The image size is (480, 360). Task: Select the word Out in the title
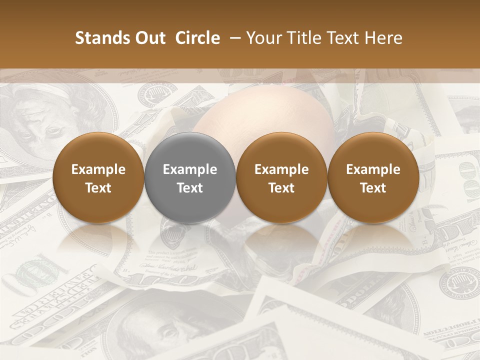tap(148, 38)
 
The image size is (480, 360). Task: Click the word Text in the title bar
tap(345, 38)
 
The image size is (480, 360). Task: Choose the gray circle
tap(190, 177)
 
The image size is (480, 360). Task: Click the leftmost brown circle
tap(98, 177)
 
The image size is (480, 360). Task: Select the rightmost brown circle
tap(373, 177)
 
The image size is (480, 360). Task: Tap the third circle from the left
tap(281, 177)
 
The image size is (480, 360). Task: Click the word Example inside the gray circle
tap(190, 169)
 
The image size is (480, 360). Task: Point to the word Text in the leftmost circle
tap(98, 188)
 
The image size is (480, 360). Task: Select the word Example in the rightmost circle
tap(373, 169)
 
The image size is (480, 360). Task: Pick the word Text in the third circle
tap(281, 188)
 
